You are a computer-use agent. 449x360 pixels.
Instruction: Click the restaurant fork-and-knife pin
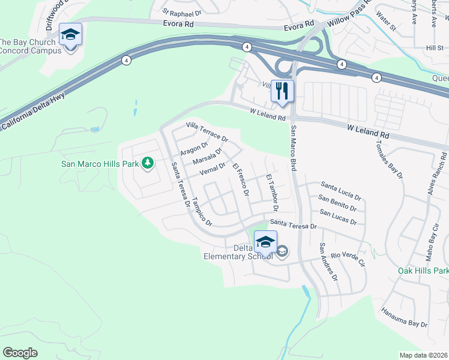coord(282,91)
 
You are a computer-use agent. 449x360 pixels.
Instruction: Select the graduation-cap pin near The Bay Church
coord(70,34)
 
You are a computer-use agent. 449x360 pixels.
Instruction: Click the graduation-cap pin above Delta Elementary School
coord(265,241)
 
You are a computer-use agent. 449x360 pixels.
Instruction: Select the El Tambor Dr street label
coord(271,193)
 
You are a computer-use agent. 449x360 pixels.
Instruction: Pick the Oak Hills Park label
coord(423,271)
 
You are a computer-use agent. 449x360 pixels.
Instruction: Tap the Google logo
coord(20,352)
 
